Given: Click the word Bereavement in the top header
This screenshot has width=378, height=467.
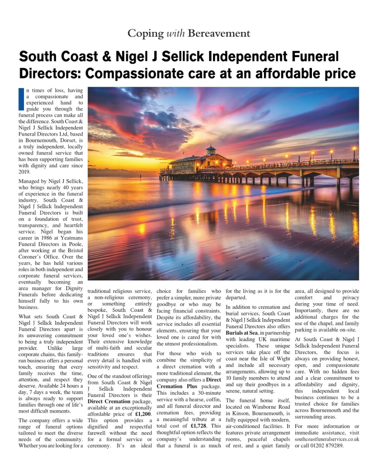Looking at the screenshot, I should coord(219,34).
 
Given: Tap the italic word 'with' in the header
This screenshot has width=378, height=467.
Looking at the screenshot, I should coord(176,34).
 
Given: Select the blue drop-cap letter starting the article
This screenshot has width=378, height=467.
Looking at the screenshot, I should coord(21,99).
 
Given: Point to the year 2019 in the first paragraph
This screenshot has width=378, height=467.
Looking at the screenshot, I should coord(25,172).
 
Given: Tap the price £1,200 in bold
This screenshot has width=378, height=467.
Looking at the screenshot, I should coord(144,414).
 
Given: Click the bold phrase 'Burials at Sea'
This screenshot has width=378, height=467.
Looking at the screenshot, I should coord(242,333).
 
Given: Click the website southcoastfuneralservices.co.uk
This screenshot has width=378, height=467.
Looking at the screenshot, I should coord(327,439).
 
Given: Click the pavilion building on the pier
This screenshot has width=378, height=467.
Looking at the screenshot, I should coord(201,163).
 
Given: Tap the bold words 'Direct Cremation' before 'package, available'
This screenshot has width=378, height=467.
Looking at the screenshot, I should coord(109,401).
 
